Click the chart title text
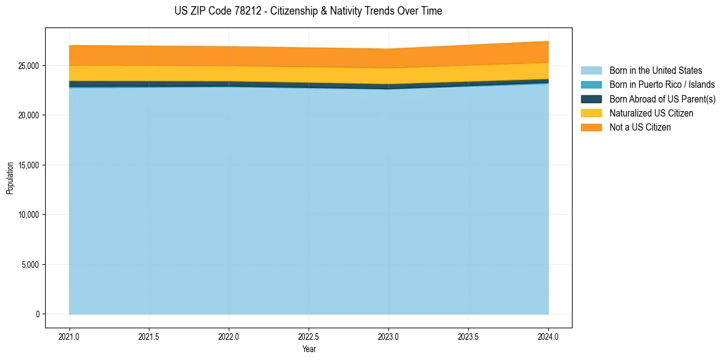308,11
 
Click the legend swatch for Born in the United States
591,71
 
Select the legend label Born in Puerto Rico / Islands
662,85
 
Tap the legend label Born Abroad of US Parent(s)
662,99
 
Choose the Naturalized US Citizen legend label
651,113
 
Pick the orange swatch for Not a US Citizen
591,128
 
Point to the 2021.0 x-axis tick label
69,336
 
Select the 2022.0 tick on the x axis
229,336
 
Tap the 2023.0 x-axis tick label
388,336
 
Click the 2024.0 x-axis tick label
548,336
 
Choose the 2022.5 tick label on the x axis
309,336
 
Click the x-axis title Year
309,350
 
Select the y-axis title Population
10,178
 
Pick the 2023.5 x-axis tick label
468,336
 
